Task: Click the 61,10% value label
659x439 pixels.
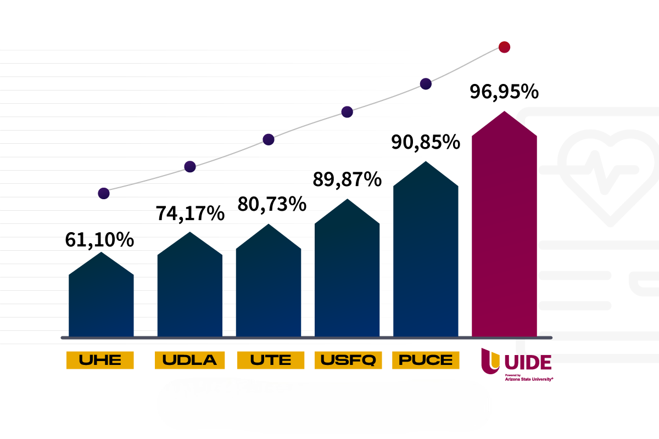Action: tap(99, 240)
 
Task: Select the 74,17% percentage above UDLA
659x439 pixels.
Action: tap(190, 213)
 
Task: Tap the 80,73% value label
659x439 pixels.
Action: tap(271, 204)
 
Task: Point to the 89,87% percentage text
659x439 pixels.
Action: tap(347, 179)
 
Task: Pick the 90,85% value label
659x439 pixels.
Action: tap(425, 142)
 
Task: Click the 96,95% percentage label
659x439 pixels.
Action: tap(504, 92)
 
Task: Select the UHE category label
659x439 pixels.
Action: tap(100, 360)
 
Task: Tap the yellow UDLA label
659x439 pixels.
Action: tap(190, 360)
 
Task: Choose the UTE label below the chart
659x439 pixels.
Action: tap(271, 360)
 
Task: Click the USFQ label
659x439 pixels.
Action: tap(348, 360)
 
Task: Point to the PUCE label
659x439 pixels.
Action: tap(426, 360)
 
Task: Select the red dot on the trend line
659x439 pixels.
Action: tap(504, 47)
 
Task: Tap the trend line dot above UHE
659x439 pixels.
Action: tap(104, 193)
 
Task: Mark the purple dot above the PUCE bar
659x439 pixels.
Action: tap(426, 84)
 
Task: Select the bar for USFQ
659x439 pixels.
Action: tap(347, 274)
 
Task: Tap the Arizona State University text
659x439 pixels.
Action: tap(528, 379)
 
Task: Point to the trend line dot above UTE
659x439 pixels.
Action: tap(269, 139)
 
